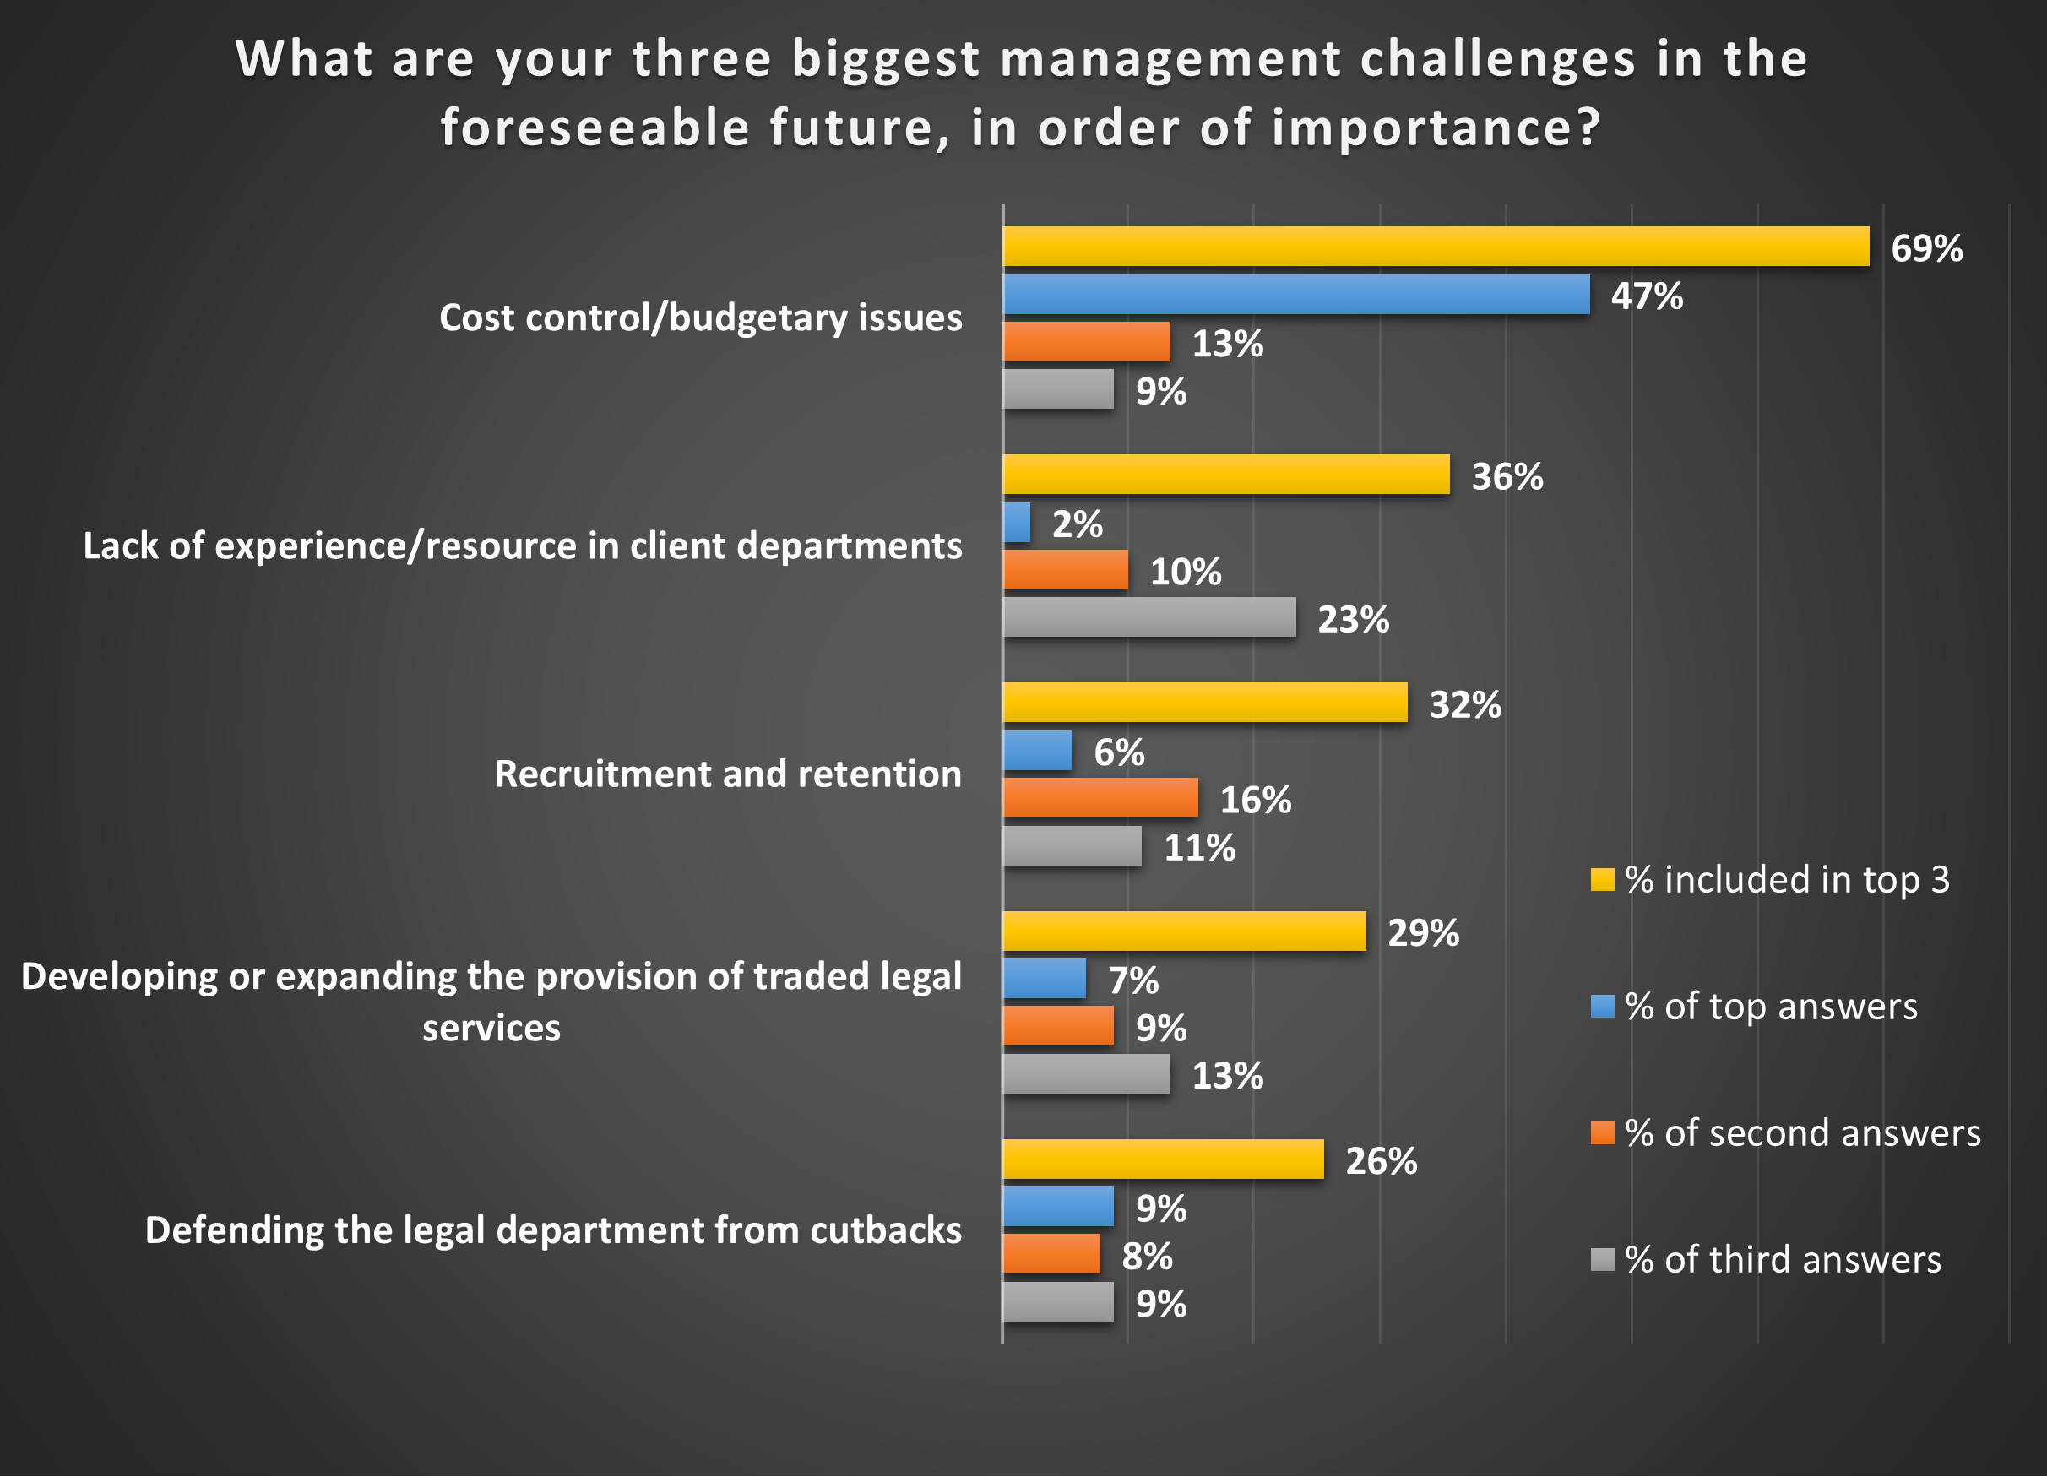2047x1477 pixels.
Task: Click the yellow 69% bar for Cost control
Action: [x=1435, y=247]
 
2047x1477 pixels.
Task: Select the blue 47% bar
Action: [x=1296, y=295]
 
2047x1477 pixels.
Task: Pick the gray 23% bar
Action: [x=1149, y=617]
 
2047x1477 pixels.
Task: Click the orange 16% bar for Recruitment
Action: [x=1100, y=798]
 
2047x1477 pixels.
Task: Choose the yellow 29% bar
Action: [x=1184, y=931]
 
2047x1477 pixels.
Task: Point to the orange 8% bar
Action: [x=1051, y=1254]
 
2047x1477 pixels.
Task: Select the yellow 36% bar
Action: [x=1225, y=475]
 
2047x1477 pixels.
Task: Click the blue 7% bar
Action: [x=1045, y=979]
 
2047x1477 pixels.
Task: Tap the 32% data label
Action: [x=1465, y=704]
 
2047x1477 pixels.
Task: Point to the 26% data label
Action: [x=1381, y=1161]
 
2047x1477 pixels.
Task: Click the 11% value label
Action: [x=1199, y=848]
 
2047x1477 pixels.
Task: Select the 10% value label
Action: [x=1185, y=572]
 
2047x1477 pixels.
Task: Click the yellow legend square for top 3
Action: [x=1602, y=879]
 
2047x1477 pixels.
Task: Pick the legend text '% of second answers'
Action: [x=1802, y=1133]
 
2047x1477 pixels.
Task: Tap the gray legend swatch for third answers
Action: [x=1602, y=1259]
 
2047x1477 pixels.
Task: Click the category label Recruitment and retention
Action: [x=727, y=774]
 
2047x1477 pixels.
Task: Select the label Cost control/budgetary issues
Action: [x=700, y=318]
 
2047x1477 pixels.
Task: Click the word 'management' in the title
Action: [x=1170, y=60]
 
